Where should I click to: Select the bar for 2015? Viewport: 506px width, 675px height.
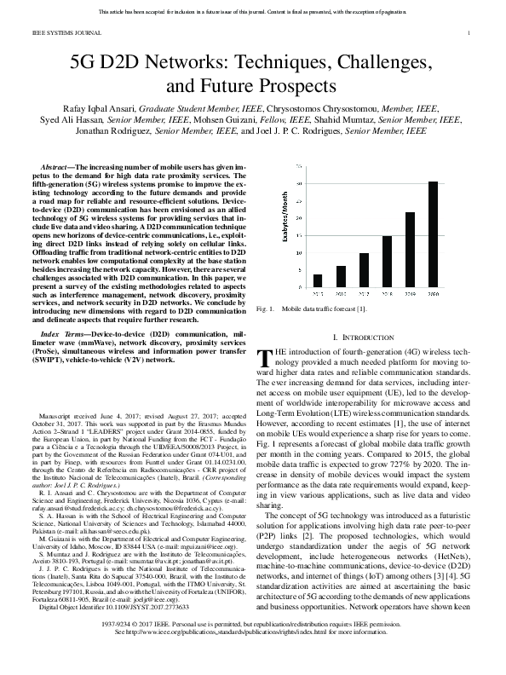(318, 280)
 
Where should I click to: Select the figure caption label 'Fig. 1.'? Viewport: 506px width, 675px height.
(264, 307)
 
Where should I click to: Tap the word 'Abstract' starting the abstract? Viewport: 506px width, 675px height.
(56, 162)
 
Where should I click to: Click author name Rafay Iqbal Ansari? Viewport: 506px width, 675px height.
(95, 109)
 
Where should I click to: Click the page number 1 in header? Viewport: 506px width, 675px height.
(469, 33)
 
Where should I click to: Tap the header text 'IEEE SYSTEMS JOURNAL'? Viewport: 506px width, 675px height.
(55, 33)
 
